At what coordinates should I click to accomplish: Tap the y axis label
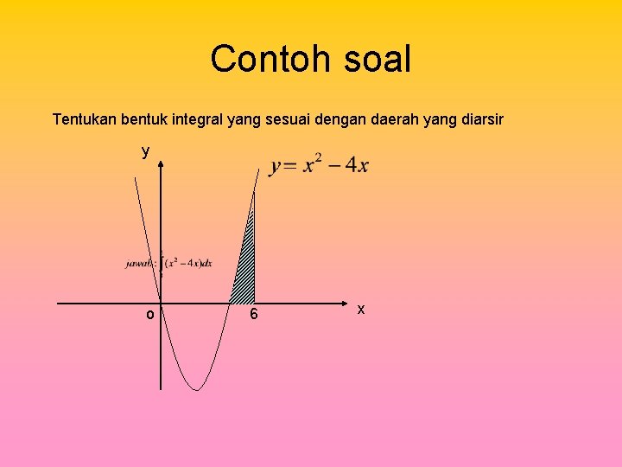tap(146, 151)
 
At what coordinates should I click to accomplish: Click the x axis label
tap(361, 309)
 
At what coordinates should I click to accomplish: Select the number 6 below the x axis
tap(253, 315)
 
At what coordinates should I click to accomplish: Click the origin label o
tap(149, 315)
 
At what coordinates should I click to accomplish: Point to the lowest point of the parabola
tap(198, 389)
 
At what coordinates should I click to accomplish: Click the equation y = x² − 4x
tap(319, 165)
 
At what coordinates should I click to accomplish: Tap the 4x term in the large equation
tap(357, 166)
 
